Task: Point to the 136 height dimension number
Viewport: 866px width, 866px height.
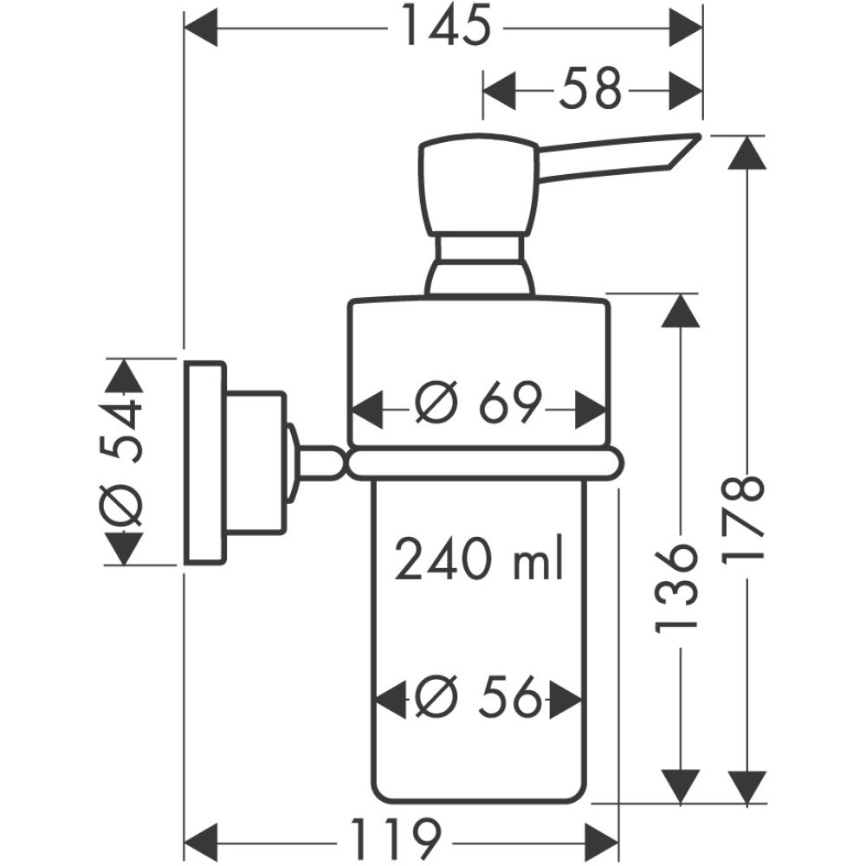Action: (x=676, y=587)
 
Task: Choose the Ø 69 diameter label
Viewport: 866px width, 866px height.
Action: (x=478, y=404)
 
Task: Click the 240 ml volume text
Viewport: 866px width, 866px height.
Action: (x=479, y=561)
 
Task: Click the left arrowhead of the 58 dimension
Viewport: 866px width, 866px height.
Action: (x=498, y=88)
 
